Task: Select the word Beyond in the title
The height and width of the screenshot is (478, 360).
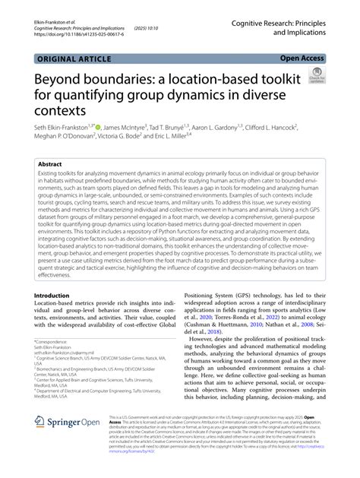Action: (62, 80)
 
